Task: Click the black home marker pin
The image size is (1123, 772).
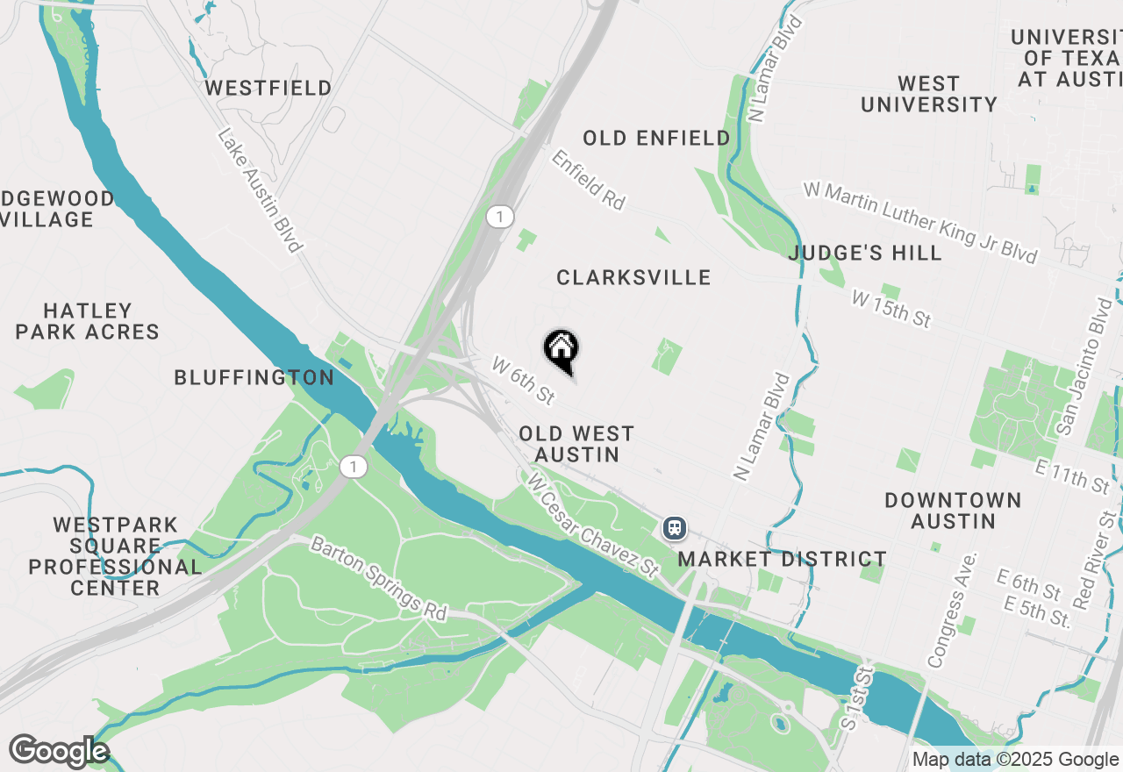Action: click(561, 349)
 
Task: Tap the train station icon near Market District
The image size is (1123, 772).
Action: click(674, 527)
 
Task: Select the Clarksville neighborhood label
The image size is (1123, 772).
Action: click(633, 278)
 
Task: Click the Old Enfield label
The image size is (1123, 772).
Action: click(656, 138)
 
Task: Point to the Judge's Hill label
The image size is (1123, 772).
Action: click(865, 254)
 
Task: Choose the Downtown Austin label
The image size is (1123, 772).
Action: click(953, 511)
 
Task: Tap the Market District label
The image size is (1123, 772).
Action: click(783, 559)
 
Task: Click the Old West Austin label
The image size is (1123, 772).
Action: click(576, 444)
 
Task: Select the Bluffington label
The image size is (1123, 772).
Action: click(254, 378)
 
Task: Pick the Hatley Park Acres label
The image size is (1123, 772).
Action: click(88, 321)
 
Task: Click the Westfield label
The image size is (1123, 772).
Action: click(268, 89)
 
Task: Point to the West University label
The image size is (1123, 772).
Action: click(929, 94)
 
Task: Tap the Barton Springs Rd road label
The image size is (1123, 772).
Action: click(379, 579)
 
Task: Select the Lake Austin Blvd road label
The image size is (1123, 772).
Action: click(260, 190)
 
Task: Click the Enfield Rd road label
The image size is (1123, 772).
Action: click(588, 179)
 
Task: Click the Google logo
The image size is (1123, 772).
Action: click(58, 752)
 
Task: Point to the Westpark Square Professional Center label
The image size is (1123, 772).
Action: click(115, 557)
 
